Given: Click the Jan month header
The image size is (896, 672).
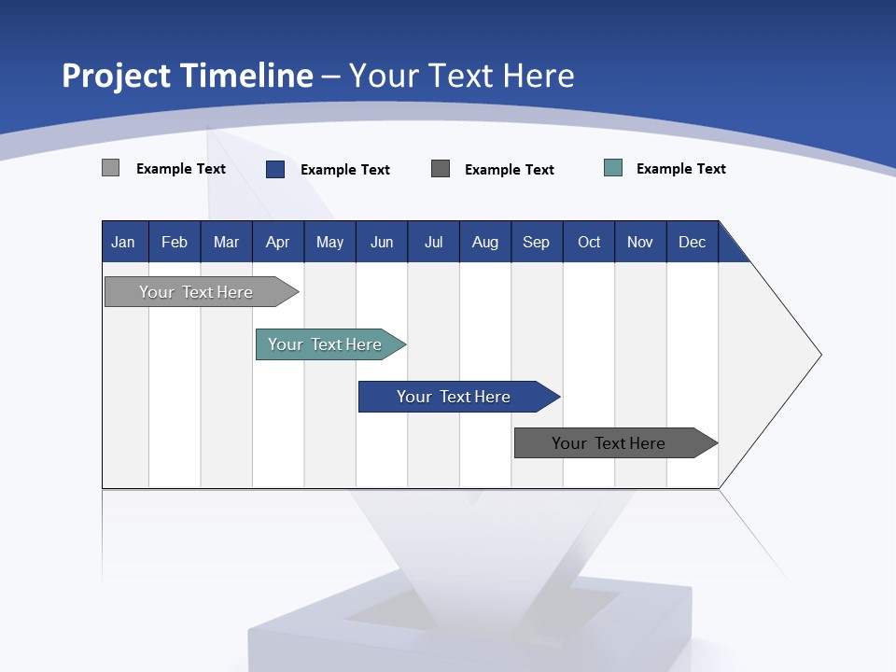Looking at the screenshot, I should click(x=124, y=243).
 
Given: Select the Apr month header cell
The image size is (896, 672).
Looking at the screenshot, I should click(x=278, y=243).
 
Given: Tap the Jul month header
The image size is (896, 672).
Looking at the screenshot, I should click(x=434, y=243).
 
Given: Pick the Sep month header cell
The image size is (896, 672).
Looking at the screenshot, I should click(x=537, y=243).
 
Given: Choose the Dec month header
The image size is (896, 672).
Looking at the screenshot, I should click(x=693, y=243).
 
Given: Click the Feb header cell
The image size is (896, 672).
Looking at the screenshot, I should click(x=175, y=243).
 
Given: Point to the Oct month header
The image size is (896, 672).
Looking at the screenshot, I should click(x=589, y=243).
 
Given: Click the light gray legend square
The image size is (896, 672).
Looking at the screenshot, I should click(x=111, y=168).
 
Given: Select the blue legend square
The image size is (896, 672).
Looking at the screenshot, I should click(x=275, y=169).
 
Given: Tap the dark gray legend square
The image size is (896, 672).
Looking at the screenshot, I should click(x=441, y=168).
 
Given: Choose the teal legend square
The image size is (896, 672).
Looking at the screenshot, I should click(x=613, y=168).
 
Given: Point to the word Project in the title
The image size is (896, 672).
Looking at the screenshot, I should click(x=116, y=76).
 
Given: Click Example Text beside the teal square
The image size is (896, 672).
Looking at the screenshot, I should click(x=680, y=169).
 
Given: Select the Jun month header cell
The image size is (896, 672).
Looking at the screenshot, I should click(x=382, y=243).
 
